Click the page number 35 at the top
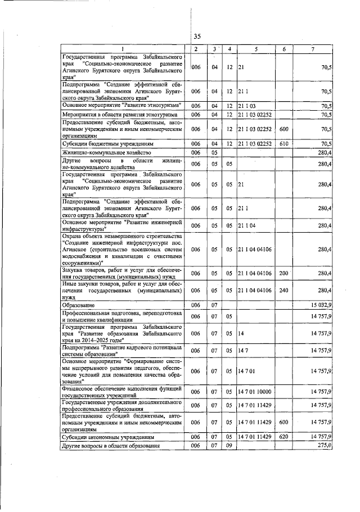tap(197, 36)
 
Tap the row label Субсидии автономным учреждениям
tap(101, 437)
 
